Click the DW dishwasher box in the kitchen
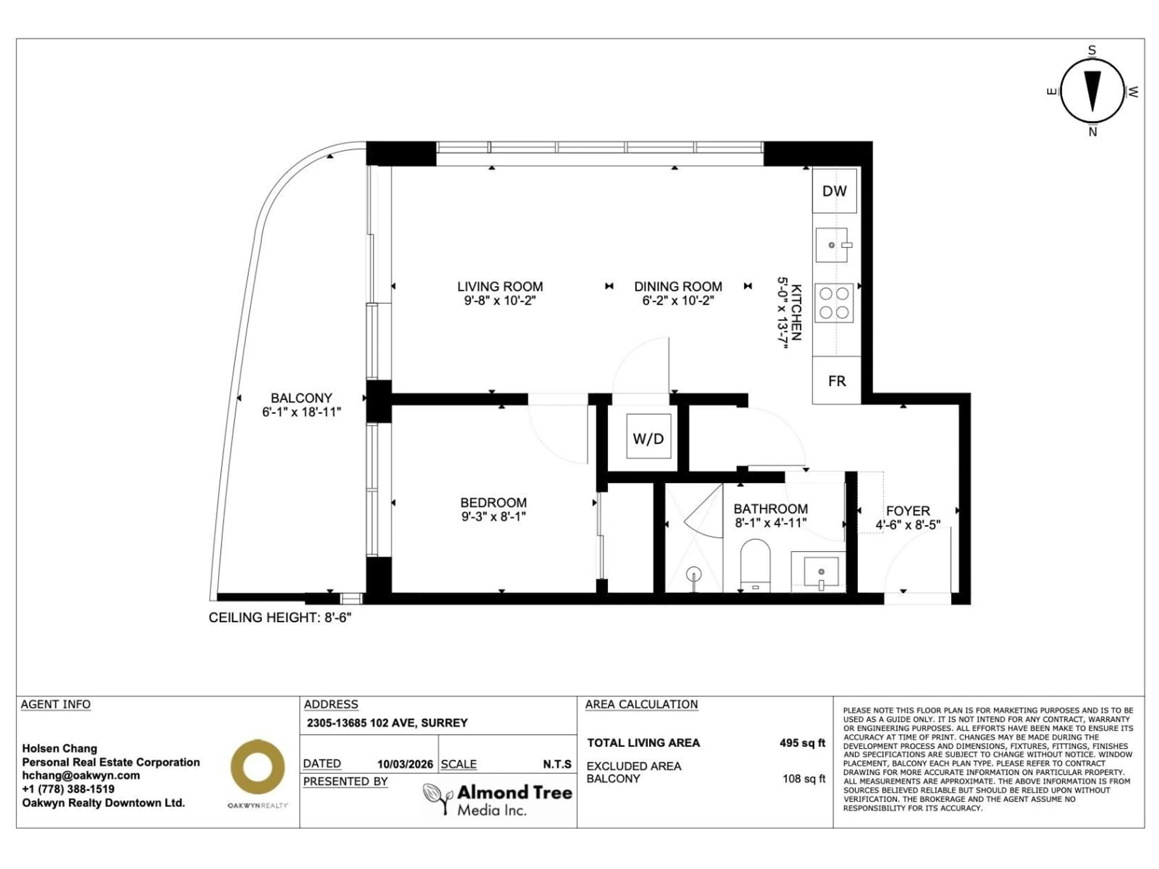pyautogui.click(x=834, y=191)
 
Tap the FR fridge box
pyautogui.click(x=836, y=381)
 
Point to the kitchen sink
pyautogui.click(x=832, y=245)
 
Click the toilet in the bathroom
pyautogui.click(x=755, y=564)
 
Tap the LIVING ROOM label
pyautogui.click(x=500, y=287)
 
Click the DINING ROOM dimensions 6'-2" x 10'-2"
pyautogui.click(x=678, y=301)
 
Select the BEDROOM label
pyautogui.click(x=493, y=502)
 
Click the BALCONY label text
pyautogui.click(x=301, y=398)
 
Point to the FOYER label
pyautogui.click(x=908, y=511)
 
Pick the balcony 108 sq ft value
pyautogui.click(x=803, y=779)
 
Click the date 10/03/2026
pyautogui.click(x=405, y=764)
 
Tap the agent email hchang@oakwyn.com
pyautogui.click(x=81, y=775)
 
